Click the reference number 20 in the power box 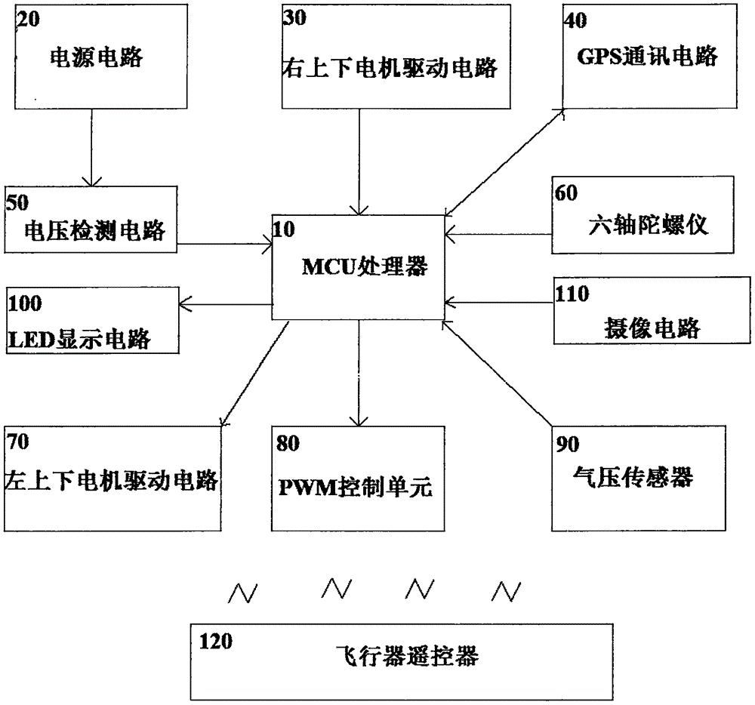coord(29,21)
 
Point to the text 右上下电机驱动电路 coord(390,68)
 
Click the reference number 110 coord(572,294)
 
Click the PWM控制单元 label coord(355,487)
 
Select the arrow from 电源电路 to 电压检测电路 coord(91,147)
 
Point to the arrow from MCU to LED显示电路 coord(226,303)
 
